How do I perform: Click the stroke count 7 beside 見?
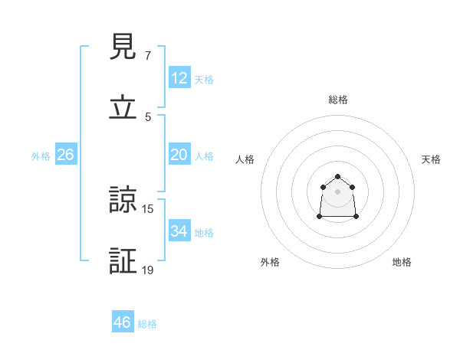point(148,56)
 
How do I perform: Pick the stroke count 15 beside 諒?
point(148,208)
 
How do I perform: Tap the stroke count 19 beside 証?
point(148,270)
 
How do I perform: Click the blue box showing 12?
point(179,78)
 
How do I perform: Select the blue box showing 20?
point(179,155)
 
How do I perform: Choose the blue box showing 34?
point(179,231)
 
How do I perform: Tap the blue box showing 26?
point(65,155)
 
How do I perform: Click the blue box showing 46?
point(123,322)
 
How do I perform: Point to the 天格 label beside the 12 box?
point(204,79)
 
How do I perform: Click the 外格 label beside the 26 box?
point(41,155)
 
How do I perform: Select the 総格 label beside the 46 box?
point(147,323)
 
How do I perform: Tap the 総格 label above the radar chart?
point(338,100)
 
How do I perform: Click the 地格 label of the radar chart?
point(402,262)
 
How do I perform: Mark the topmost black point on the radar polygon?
point(338,177)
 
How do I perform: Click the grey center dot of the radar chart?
point(338,191)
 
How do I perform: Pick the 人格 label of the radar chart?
point(245,159)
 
